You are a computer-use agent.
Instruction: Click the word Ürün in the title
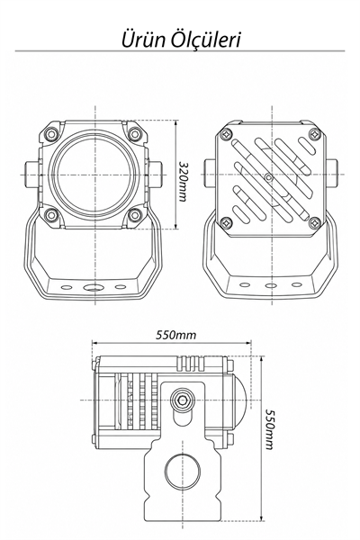click(x=143, y=40)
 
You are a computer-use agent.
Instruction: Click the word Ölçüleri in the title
click(x=206, y=40)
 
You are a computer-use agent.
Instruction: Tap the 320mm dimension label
click(x=183, y=181)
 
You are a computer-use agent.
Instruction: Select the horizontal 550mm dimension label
click(x=175, y=335)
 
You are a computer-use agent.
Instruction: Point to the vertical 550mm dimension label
click(x=269, y=429)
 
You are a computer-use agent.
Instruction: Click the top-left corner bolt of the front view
click(x=51, y=133)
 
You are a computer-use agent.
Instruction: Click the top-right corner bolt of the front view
click(x=135, y=133)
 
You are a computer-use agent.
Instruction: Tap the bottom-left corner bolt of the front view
click(x=51, y=215)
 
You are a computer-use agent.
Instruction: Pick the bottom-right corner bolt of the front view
click(x=135, y=215)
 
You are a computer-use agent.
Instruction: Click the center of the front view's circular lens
click(x=94, y=175)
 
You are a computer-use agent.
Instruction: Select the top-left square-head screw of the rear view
click(x=226, y=133)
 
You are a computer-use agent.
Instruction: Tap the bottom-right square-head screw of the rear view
click(x=315, y=222)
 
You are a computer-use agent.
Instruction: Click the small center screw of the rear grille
click(x=269, y=177)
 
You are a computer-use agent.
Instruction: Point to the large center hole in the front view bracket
click(x=94, y=287)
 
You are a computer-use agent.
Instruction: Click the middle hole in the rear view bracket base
click(x=271, y=285)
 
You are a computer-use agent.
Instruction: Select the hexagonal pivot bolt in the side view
click(x=182, y=400)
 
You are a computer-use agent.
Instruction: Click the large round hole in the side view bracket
click(x=183, y=471)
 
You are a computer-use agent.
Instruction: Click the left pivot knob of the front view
click(x=31, y=175)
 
